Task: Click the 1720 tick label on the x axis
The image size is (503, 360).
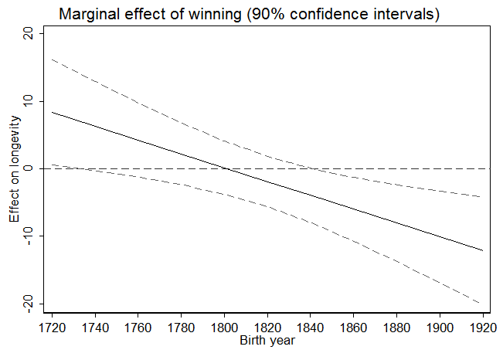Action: pyautogui.click(x=53, y=327)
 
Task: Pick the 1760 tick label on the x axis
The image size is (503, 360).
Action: pyautogui.click(x=138, y=327)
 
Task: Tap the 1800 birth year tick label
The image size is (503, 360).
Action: pyautogui.click(x=224, y=327)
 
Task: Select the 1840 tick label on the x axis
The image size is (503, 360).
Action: pyautogui.click(x=311, y=327)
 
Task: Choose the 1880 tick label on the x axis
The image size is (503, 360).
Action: pyautogui.click(x=396, y=327)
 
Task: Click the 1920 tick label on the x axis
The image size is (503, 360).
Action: pyautogui.click(x=482, y=327)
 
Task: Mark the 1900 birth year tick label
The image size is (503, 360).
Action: pyautogui.click(x=440, y=327)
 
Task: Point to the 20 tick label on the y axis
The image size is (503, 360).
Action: pyautogui.click(x=28, y=34)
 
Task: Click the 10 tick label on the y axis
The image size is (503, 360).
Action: pyautogui.click(x=28, y=101)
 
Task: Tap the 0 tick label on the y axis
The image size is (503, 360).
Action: pyautogui.click(x=28, y=168)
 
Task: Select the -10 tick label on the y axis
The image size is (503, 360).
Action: pyautogui.click(x=28, y=236)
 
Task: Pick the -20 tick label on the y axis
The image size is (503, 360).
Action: pyautogui.click(x=28, y=303)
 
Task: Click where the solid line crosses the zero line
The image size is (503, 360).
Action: pyautogui.click(x=226, y=168)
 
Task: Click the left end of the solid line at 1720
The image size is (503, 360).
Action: pyautogui.click(x=53, y=112)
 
